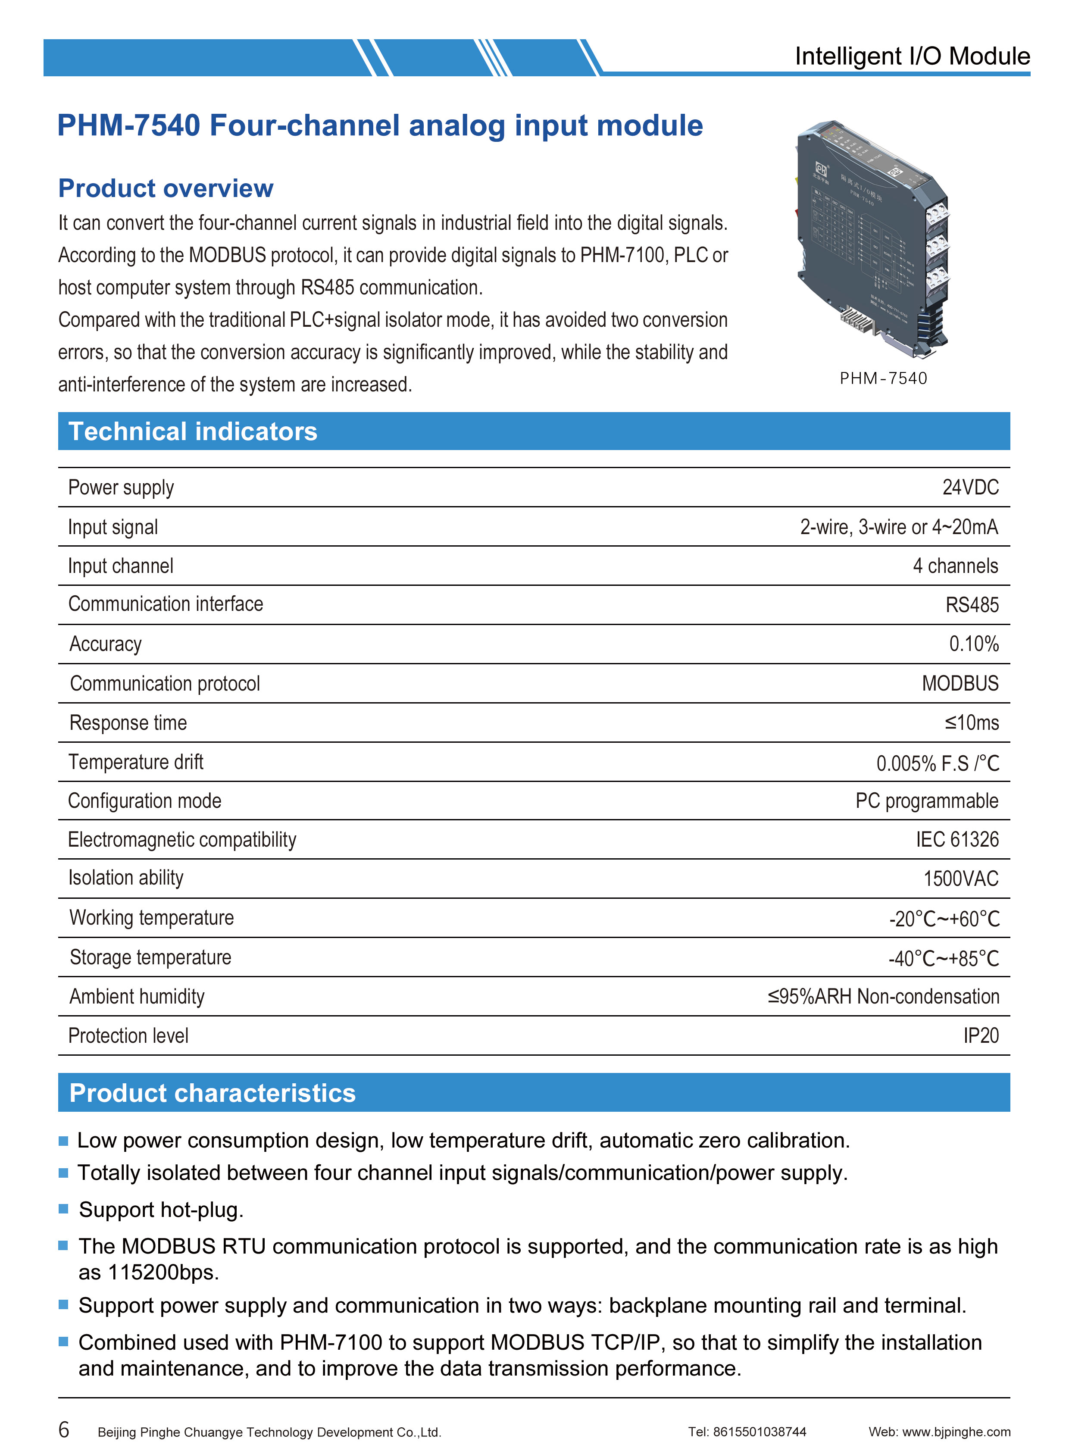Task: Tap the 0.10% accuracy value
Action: coord(973,644)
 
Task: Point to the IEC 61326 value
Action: coord(956,839)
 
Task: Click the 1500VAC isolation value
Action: coord(960,879)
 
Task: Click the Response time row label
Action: coord(128,723)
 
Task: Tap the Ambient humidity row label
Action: coord(137,997)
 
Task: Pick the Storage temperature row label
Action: coord(150,957)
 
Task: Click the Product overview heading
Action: coord(166,188)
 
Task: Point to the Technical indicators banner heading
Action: coord(193,432)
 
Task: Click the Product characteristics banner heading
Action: coord(212,1093)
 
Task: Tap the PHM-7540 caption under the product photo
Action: coord(883,378)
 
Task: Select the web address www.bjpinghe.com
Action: coord(956,1432)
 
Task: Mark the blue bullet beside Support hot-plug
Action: coord(63,1209)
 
